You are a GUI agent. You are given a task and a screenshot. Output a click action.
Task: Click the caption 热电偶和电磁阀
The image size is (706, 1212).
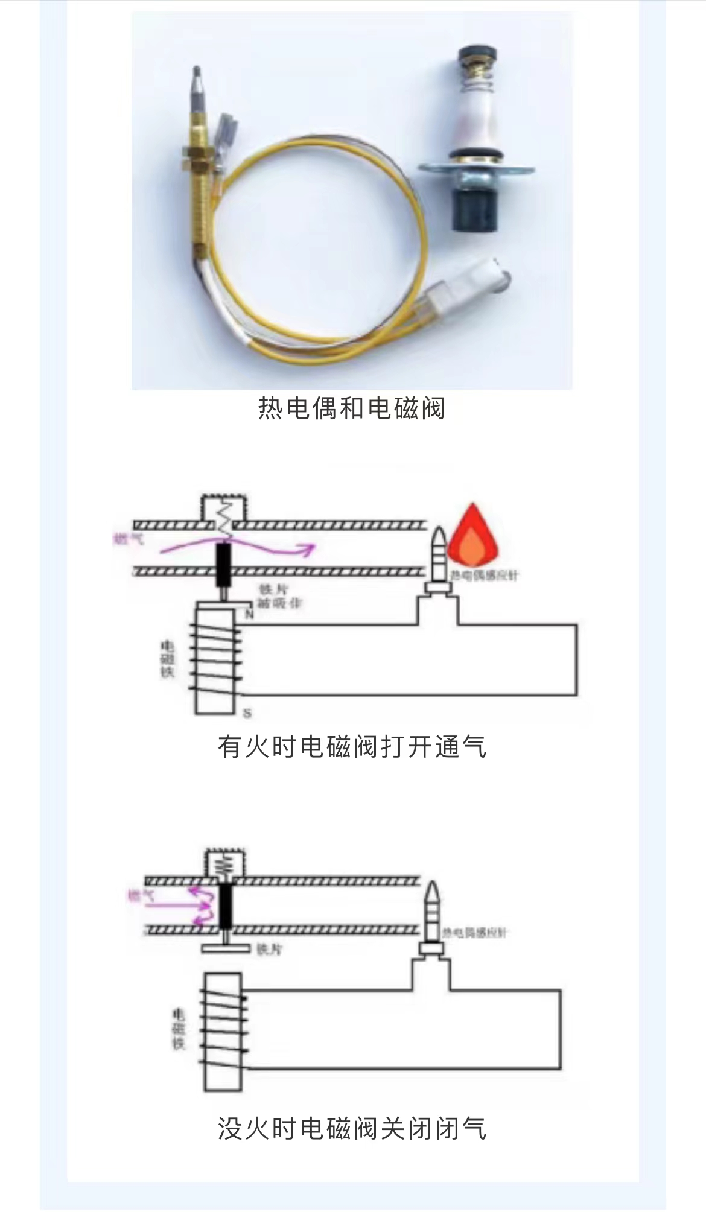point(352,408)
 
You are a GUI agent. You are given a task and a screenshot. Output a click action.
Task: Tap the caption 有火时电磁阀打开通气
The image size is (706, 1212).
point(352,747)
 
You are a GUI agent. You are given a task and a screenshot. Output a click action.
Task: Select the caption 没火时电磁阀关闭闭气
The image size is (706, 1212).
point(352,1128)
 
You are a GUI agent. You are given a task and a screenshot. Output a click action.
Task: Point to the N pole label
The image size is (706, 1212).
point(249,614)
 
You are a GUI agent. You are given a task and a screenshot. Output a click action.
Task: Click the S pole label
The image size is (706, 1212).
point(247,714)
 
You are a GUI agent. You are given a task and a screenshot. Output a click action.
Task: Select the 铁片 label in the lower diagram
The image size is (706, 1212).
point(269,949)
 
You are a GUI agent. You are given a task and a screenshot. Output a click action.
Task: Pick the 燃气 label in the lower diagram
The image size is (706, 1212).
point(141,895)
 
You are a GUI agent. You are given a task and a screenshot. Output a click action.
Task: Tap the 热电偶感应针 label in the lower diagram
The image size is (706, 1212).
point(475,933)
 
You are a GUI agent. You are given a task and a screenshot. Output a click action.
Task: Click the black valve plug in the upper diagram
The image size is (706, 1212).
point(224,565)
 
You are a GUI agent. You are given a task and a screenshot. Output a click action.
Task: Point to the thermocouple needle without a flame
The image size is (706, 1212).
point(432,911)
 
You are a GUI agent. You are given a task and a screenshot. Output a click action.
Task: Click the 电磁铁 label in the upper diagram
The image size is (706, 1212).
point(167,659)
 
